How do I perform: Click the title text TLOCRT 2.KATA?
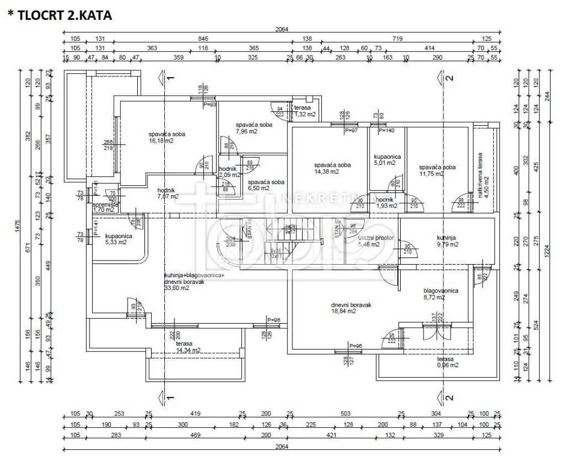(x=60, y=16)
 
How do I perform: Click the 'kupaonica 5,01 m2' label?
(x=385, y=159)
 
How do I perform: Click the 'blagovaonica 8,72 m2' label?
(x=441, y=294)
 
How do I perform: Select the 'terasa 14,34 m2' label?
(x=188, y=346)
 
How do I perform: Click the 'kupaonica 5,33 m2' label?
(x=118, y=239)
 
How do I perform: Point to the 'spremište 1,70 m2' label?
(x=105, y=208)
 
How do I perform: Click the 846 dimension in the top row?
(x=202, y=38)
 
